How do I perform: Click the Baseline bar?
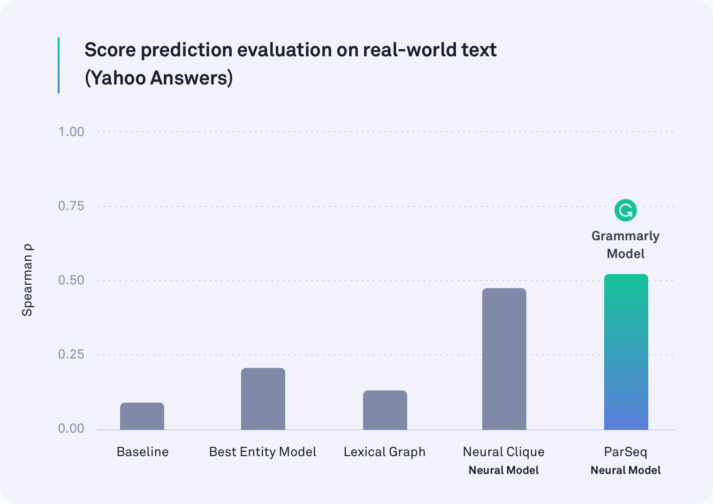click(142, 416)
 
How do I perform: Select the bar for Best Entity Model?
click(263, 398)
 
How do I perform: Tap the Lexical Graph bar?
click(385, 410)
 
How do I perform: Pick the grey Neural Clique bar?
click(504, 359)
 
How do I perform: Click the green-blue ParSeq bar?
click(626, 352)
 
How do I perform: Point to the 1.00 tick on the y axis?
click(71, 132)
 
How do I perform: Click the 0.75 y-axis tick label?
click(71, 206)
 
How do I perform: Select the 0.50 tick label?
click(71, 280)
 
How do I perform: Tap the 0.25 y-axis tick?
click(71, 354)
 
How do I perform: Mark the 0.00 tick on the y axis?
click(71, 428)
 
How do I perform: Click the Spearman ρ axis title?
click(28, 280)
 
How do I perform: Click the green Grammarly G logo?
click(625, 210)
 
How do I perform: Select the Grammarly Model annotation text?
click(625, 245)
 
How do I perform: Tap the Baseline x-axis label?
click(143, 452)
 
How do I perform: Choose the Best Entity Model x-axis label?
click(263, 452)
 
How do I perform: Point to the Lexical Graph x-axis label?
click(385, 452)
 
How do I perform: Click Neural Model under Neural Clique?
click(504, 470)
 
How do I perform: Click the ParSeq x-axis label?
click(625, 452)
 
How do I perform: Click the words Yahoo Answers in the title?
click(159, 78)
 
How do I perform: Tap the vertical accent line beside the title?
click(59, 65)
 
